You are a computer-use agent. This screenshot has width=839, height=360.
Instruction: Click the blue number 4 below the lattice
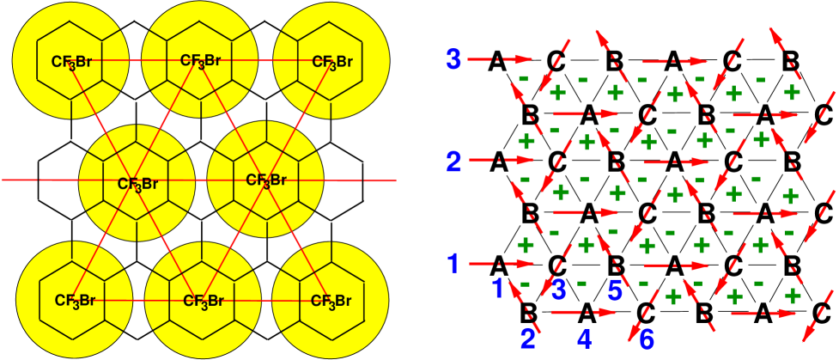[585, 340]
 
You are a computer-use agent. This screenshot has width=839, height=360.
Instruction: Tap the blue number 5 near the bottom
[615, 290]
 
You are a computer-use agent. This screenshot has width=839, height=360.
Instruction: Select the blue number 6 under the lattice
[647, 340]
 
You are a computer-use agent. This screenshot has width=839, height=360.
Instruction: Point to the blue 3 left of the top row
[453, 59]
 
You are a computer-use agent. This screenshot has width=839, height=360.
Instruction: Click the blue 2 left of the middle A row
[453, 161]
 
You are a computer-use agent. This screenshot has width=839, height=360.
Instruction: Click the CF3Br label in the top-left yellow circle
[72, 62]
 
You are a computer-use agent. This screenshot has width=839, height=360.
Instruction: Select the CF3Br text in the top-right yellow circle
[331, 62]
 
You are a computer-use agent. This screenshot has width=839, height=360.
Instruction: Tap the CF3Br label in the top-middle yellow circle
[202, 61]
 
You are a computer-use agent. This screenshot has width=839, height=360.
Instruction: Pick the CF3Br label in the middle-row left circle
[137, 183]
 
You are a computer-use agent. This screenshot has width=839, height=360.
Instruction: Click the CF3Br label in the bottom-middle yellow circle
[203, 302]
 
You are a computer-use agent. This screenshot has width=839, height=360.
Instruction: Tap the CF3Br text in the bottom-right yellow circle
[331, 302]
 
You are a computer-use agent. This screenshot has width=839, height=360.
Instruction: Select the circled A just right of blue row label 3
[497, 61]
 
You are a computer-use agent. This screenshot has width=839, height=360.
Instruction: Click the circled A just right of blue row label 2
[497, 162]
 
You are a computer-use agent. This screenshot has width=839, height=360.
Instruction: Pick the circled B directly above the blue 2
[530, 312]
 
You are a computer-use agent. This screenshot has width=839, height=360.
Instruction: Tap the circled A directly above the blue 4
[587, 312]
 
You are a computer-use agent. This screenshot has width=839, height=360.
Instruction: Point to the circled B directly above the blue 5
[615, 263]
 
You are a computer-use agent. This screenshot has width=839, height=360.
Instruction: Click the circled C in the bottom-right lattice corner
[821, 312]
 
